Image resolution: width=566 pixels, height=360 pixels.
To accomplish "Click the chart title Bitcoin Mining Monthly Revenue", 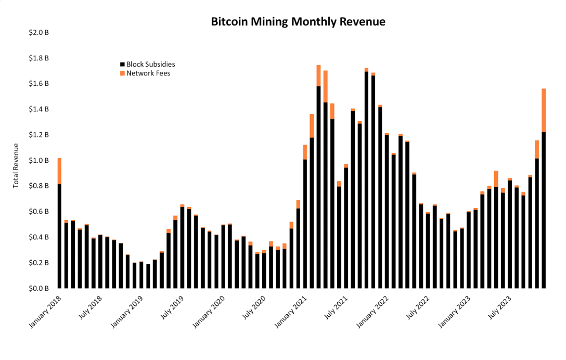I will point(298,22).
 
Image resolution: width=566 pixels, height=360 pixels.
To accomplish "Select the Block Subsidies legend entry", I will point(150,65).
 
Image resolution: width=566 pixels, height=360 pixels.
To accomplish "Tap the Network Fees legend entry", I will point(148,73).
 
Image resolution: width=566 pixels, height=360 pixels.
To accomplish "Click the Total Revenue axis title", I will point(16,165).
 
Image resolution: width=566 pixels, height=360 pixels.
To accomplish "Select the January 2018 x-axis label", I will point(46,312).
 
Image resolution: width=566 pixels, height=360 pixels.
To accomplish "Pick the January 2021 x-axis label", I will point(293,312).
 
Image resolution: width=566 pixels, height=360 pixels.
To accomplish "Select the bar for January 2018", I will point(59,234).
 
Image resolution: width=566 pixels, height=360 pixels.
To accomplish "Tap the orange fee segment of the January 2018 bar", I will point(59,171).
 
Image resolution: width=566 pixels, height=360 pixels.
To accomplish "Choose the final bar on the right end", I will point(544,208).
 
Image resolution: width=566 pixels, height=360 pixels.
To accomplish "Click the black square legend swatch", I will point(123,65).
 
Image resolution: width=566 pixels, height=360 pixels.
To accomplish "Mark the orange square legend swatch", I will point(123,73).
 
